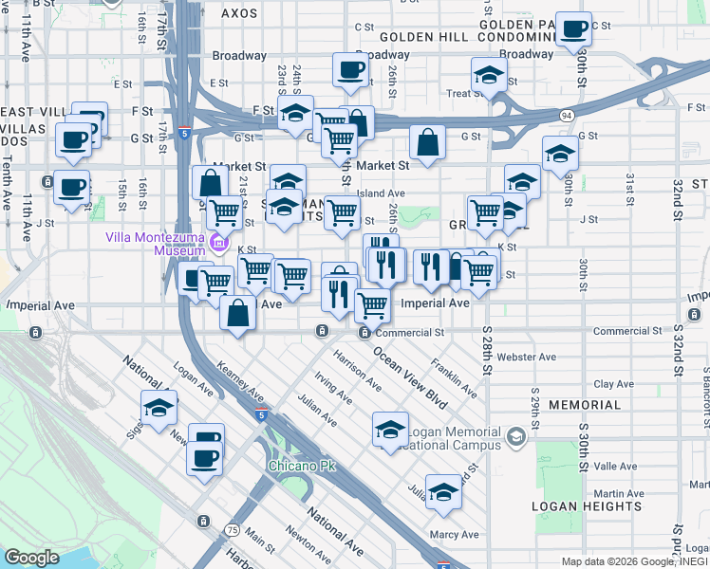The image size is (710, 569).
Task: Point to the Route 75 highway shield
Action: pyautogui.click(x=233, y=529)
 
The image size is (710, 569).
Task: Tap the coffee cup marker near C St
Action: pyautogui.click(x=572, y=29)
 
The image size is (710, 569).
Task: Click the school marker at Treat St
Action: pyautogui.click(x=488, y=76)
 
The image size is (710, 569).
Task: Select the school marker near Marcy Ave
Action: pyautogui.click(x=442, y=492)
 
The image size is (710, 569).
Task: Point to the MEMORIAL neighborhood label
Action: pyautogui.click(x=585, y=405)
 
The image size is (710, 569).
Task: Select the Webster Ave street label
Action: pyautogui.click(x=532, y=358)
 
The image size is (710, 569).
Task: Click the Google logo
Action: pyautogui.click(x=32, y=557)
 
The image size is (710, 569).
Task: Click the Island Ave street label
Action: pyautogui.click(x=381, y=193)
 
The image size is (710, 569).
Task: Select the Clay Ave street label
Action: pyautogui.click(x=613, y=384)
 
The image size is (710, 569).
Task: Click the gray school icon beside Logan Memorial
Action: pyautogui.click(x=514, y=436)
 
